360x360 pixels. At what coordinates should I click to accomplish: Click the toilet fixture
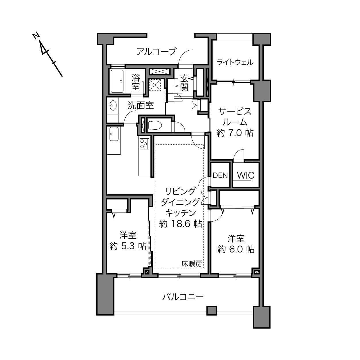tap(154, 125)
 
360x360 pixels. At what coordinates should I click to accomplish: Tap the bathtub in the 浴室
tap(117, 81)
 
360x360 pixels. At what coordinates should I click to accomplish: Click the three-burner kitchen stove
tap(144, 144)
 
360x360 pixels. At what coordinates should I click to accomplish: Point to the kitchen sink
tap(114, 134)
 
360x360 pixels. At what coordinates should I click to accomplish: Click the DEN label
tap(220, 175)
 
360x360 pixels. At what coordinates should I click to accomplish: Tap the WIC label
tap(246, 175)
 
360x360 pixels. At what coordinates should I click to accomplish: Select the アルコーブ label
tap(156, 51)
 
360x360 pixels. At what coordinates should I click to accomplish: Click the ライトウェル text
tap(235, 62)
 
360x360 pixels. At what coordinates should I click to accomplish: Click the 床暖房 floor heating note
tap(192, 264)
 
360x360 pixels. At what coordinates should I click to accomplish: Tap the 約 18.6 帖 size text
tap(180, 224)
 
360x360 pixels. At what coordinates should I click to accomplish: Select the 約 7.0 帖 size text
tap(235, 133)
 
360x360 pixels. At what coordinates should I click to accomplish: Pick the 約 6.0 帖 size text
tap(236, 249)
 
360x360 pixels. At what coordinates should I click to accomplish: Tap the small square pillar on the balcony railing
tap(212, 311)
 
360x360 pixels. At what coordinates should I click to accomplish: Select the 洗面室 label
tap(141, 106)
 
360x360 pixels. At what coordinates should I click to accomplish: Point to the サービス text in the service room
tap(235, 112)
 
